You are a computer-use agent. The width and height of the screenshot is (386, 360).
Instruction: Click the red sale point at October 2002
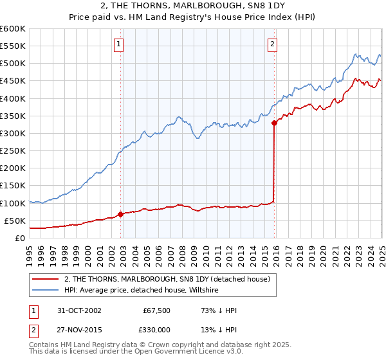tap(121, 214)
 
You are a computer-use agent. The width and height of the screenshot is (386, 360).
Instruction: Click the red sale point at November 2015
tap(275, 122)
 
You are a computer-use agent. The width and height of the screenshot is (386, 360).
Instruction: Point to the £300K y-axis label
tap(12, 133)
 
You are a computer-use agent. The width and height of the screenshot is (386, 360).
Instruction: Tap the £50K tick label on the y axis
tap(15, 221)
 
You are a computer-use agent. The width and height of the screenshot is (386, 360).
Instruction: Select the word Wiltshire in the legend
tap(203, 290)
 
